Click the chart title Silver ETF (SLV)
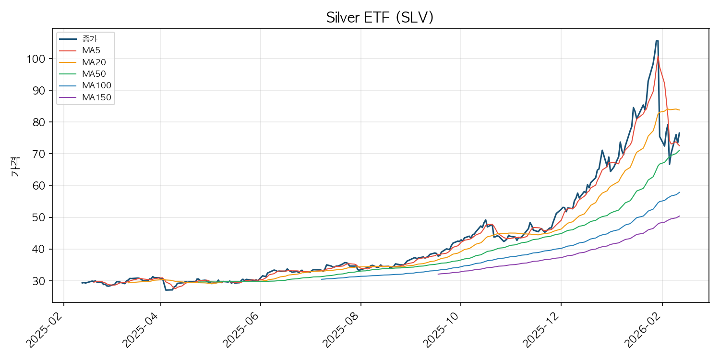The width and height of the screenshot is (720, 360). [x=380, y=17]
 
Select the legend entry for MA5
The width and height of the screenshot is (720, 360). [x=91, y=50]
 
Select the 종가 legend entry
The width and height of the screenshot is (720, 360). [x=90, y=38]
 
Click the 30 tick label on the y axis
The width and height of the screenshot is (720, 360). [x=39, y=281]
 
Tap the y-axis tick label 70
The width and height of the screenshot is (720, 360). [x=39, y=154]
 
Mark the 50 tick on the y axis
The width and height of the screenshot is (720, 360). [x=39, y=217]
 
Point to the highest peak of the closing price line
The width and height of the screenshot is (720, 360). [x=657, y=41]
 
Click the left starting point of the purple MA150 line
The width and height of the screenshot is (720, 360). [x=438, y=274]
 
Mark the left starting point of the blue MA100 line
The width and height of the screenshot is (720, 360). [x=322, y=279]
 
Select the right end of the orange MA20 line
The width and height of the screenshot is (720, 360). [x=679, y=110]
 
